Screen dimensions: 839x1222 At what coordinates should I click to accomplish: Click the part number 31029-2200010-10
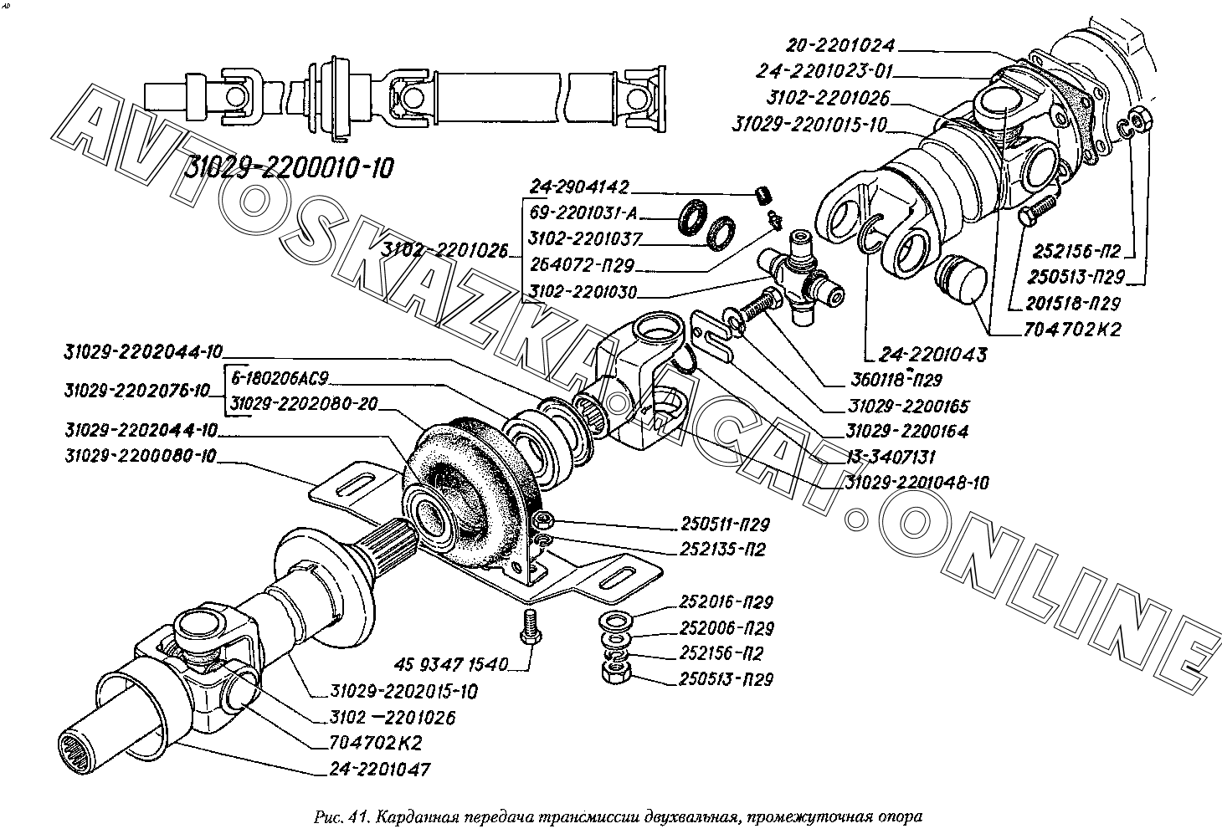click(x=287, y=168)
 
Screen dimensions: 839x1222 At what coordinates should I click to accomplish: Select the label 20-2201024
click(x=840, y=45)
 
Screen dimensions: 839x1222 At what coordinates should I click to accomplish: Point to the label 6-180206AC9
click(x=285, y=379)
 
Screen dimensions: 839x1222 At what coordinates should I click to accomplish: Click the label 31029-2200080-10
click(x=140, y=457)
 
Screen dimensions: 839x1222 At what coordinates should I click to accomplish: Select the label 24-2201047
click(x=384, y=769)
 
